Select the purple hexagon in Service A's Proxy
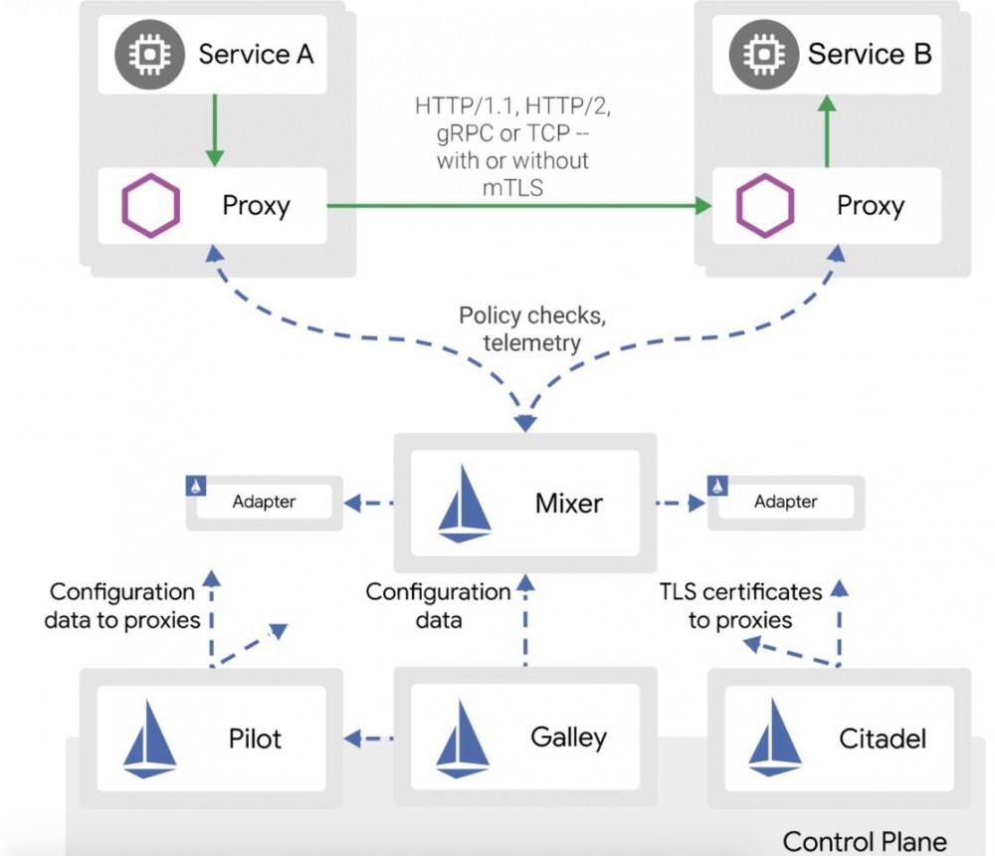[x=151, y=206]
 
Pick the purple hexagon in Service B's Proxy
[x=765, y=206]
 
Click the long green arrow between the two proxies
[x=517, y=206]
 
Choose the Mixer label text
[x=569, y=502]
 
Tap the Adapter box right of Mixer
[x=785, y=502]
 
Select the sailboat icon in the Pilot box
[x=150, y=739]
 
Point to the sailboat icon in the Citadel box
[x=775, y=739]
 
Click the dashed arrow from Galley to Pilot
[x=370, y=739]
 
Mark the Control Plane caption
[x=865, y=840]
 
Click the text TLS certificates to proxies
[x=741, y=606]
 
